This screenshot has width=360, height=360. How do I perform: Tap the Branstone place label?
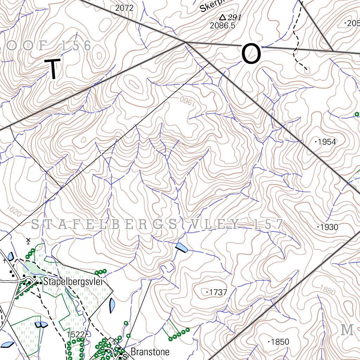tap(150, 352)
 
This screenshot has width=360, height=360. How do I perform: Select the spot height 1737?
tap(218, 292)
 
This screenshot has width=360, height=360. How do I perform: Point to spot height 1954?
tap(327, 142)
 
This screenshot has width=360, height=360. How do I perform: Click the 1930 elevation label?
tap(328, 227)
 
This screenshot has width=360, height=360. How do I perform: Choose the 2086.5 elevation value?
tap(222, 26)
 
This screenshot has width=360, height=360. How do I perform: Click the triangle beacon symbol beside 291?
tap(222, 17)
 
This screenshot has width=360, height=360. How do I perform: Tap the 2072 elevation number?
tap(124, 8)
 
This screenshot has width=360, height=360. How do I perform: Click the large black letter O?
tap(251, 54)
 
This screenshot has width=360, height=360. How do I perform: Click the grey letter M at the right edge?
tap(347, 330)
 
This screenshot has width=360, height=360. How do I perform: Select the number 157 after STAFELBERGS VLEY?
tap(268, 224)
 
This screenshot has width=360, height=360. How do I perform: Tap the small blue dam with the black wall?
tap(182, 247)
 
